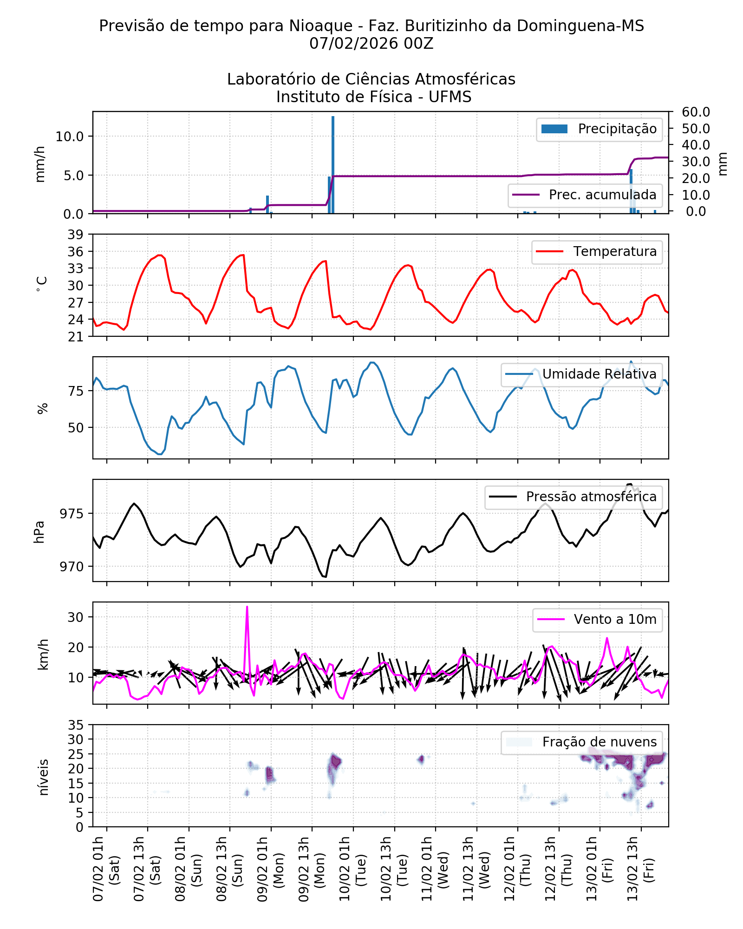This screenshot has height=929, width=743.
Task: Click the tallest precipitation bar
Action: [333, 165]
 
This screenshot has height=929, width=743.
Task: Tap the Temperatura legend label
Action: [614, 252]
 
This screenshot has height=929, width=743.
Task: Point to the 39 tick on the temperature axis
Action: [76, 235]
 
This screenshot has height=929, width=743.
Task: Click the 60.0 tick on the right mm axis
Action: [696, 112]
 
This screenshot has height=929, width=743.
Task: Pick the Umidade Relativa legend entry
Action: [599, 374]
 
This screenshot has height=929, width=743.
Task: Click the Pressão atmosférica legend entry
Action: [591, 497]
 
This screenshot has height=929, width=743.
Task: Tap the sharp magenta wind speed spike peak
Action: [247, 607]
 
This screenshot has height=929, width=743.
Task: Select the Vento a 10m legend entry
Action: [615, 620]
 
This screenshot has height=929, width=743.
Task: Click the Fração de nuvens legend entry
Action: [599, 742]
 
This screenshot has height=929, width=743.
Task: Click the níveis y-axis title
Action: [43, 778]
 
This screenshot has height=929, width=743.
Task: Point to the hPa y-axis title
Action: [39, 532]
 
